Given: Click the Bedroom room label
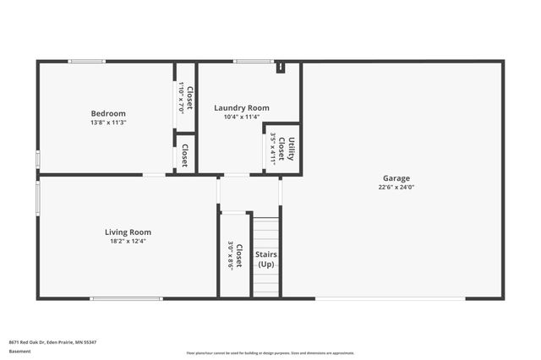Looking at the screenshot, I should pos(108,113).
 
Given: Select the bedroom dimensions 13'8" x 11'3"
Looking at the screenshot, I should pos(108,123).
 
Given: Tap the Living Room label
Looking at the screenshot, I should pos(128,232).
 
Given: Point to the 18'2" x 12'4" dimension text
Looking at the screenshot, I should pos(128,241).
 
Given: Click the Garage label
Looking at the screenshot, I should pos(396,178).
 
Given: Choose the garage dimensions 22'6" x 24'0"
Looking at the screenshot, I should pos(396,188).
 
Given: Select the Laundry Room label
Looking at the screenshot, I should pos(241,107).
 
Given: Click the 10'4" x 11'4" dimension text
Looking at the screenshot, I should pos(241,117).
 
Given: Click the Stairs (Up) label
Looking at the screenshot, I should pos(265,259).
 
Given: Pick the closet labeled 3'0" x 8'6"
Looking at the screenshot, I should pos(235,256).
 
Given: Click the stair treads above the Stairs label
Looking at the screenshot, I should pos(265,231).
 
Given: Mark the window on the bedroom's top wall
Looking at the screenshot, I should pos(86,61).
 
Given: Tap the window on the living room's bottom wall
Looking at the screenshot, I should pos(127,298).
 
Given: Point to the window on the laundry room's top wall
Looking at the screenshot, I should pos(247,61).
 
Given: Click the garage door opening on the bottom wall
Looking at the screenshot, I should pos(390,298).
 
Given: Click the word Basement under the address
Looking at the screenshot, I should pos(18,350).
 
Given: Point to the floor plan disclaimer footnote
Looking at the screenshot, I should pos(270,353).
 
